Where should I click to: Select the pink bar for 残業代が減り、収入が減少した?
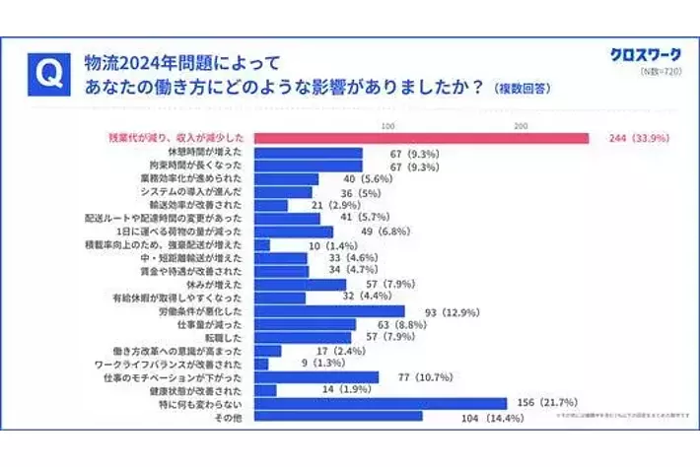422,139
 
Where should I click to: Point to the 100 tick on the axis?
387,125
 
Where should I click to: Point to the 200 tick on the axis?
521,125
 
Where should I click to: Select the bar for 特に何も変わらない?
381,403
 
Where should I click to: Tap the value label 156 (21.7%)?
546,403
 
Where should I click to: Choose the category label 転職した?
233,336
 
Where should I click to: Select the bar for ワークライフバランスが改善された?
261,363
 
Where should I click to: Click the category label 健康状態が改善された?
212,389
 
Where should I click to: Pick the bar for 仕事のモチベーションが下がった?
316,376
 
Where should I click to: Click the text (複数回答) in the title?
522,89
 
